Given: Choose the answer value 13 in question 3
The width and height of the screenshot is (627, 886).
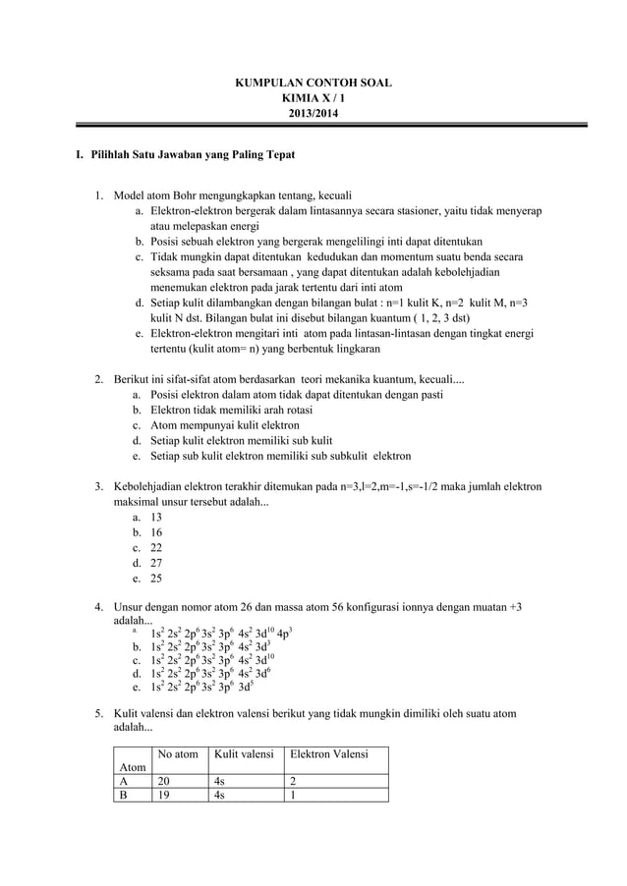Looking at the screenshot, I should [x=156, y=517].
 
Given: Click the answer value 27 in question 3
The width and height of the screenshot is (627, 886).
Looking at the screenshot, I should [x=156, y=564].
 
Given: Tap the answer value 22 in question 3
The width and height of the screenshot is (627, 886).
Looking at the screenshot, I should [x=156, y=548].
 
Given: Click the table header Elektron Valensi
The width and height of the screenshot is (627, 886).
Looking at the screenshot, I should [x=325, y=753].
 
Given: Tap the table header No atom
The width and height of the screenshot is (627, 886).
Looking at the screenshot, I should [x=178, y=753].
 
